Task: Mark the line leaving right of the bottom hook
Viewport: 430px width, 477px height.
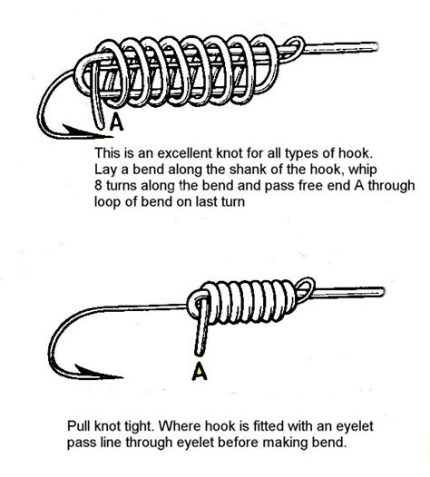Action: click(363, 291)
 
